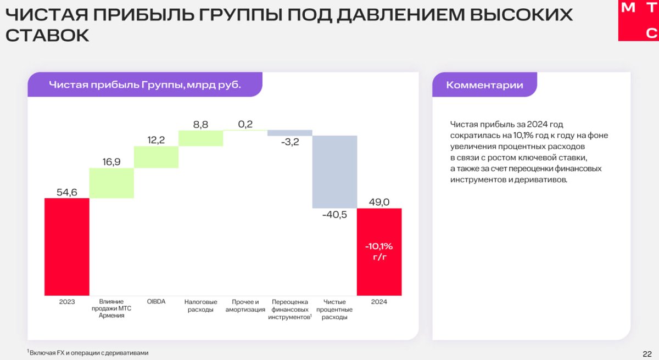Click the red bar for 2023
pos(67,247)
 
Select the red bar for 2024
pos(379,252)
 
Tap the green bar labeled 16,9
pos(111,183)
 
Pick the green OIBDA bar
pos(156,157)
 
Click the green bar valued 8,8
pos(200,138)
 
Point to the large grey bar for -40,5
pos(335,172)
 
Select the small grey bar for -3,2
pos(290,133)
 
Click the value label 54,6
pos(67,192)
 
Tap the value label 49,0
pos(379,202)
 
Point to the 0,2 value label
pos(245,125)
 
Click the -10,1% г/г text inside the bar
pos(379,251)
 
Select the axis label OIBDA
pos(156,301)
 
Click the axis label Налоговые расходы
pos(200,306)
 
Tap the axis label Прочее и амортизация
pos(245,306)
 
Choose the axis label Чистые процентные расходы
pos(334,310)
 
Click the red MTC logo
pos(638,20)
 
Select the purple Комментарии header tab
pos(484,85)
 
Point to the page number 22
pos(647,354)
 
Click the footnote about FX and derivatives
pos(88,353)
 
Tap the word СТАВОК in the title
pos(47,36)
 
